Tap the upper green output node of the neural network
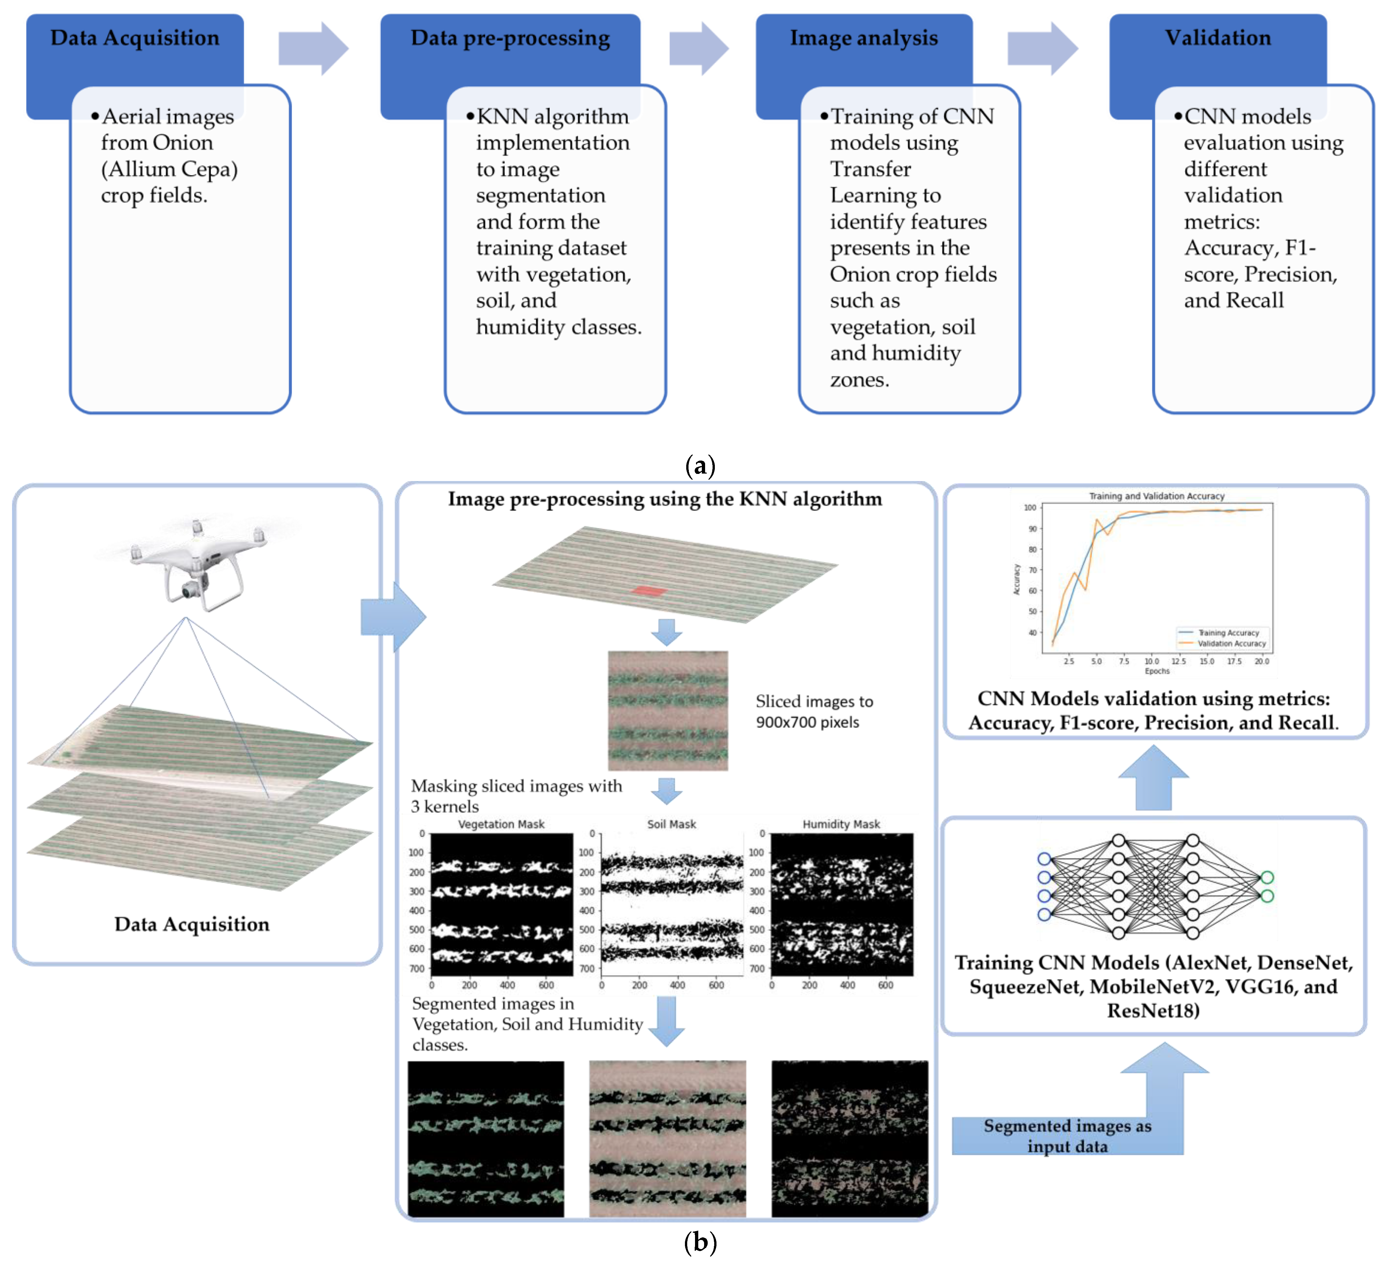(x=1267, y=877)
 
